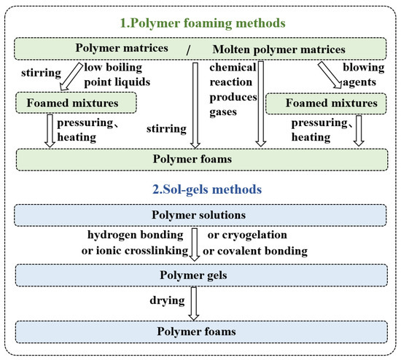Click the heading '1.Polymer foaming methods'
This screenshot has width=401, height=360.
pyautogui.click(x=200, y=23)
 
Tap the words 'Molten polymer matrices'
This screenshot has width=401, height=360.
pyautogui.click(x=279, y=49)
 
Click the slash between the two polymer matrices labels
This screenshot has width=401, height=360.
pyautogui.click(x=187, y=49)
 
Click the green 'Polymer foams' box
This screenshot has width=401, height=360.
pyautogui.click(x=200, y=158)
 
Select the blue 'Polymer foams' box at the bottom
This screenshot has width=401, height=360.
pyautogui.click(x=200, y=330)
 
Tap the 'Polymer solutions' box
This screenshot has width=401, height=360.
pyautogui.click(x=200, y=216)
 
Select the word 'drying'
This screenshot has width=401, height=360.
pyautogui.click(x=163, y=300)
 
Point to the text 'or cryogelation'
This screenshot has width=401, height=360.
pyautogui.click(x=248, y=235)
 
